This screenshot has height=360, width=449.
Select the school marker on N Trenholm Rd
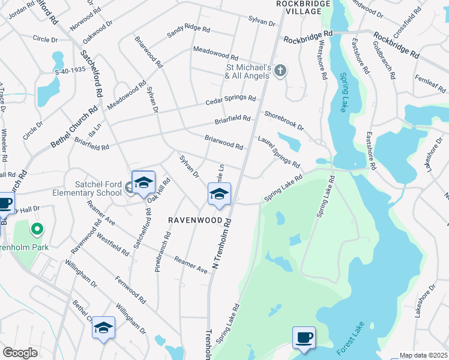point(219,194)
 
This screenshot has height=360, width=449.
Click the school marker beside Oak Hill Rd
point(143,183)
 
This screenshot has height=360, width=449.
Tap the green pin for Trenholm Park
point(36,229)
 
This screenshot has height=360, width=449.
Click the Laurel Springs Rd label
point(279,151)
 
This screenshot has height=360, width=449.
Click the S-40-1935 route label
point(71,70)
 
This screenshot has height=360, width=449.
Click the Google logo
point(19,353)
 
